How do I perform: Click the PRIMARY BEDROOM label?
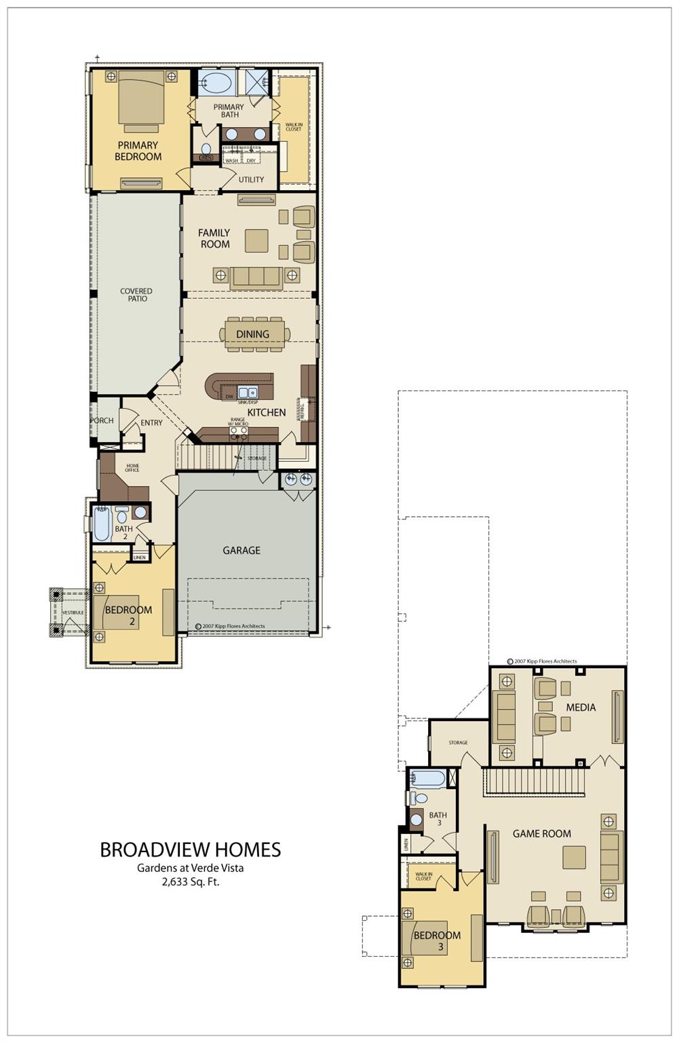click(138, 151)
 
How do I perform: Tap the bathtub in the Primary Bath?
click(216, 84)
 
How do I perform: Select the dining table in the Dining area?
click(254, 334)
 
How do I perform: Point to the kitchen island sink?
click(248, 392)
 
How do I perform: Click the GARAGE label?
click(241, 551)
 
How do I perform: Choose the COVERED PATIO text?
click(136, 295)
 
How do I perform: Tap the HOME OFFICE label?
click(132, 468)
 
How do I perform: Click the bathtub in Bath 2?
click(102, 524)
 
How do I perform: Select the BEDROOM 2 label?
click(128, 615)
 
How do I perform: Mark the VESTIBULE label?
click(73, 612)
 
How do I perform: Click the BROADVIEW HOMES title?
click(190, 849)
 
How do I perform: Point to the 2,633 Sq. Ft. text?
click(190, 882)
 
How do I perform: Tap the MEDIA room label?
click(581, 708)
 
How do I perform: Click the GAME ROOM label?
click(541, 834)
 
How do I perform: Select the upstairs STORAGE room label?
click(458, 743)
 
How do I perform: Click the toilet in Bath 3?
click(419, 798)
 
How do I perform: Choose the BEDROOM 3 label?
click(437, 940)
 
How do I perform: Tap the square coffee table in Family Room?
click(256, 240)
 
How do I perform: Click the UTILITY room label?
click(251, 180)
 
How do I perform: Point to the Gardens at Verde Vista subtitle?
click(190, 868)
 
